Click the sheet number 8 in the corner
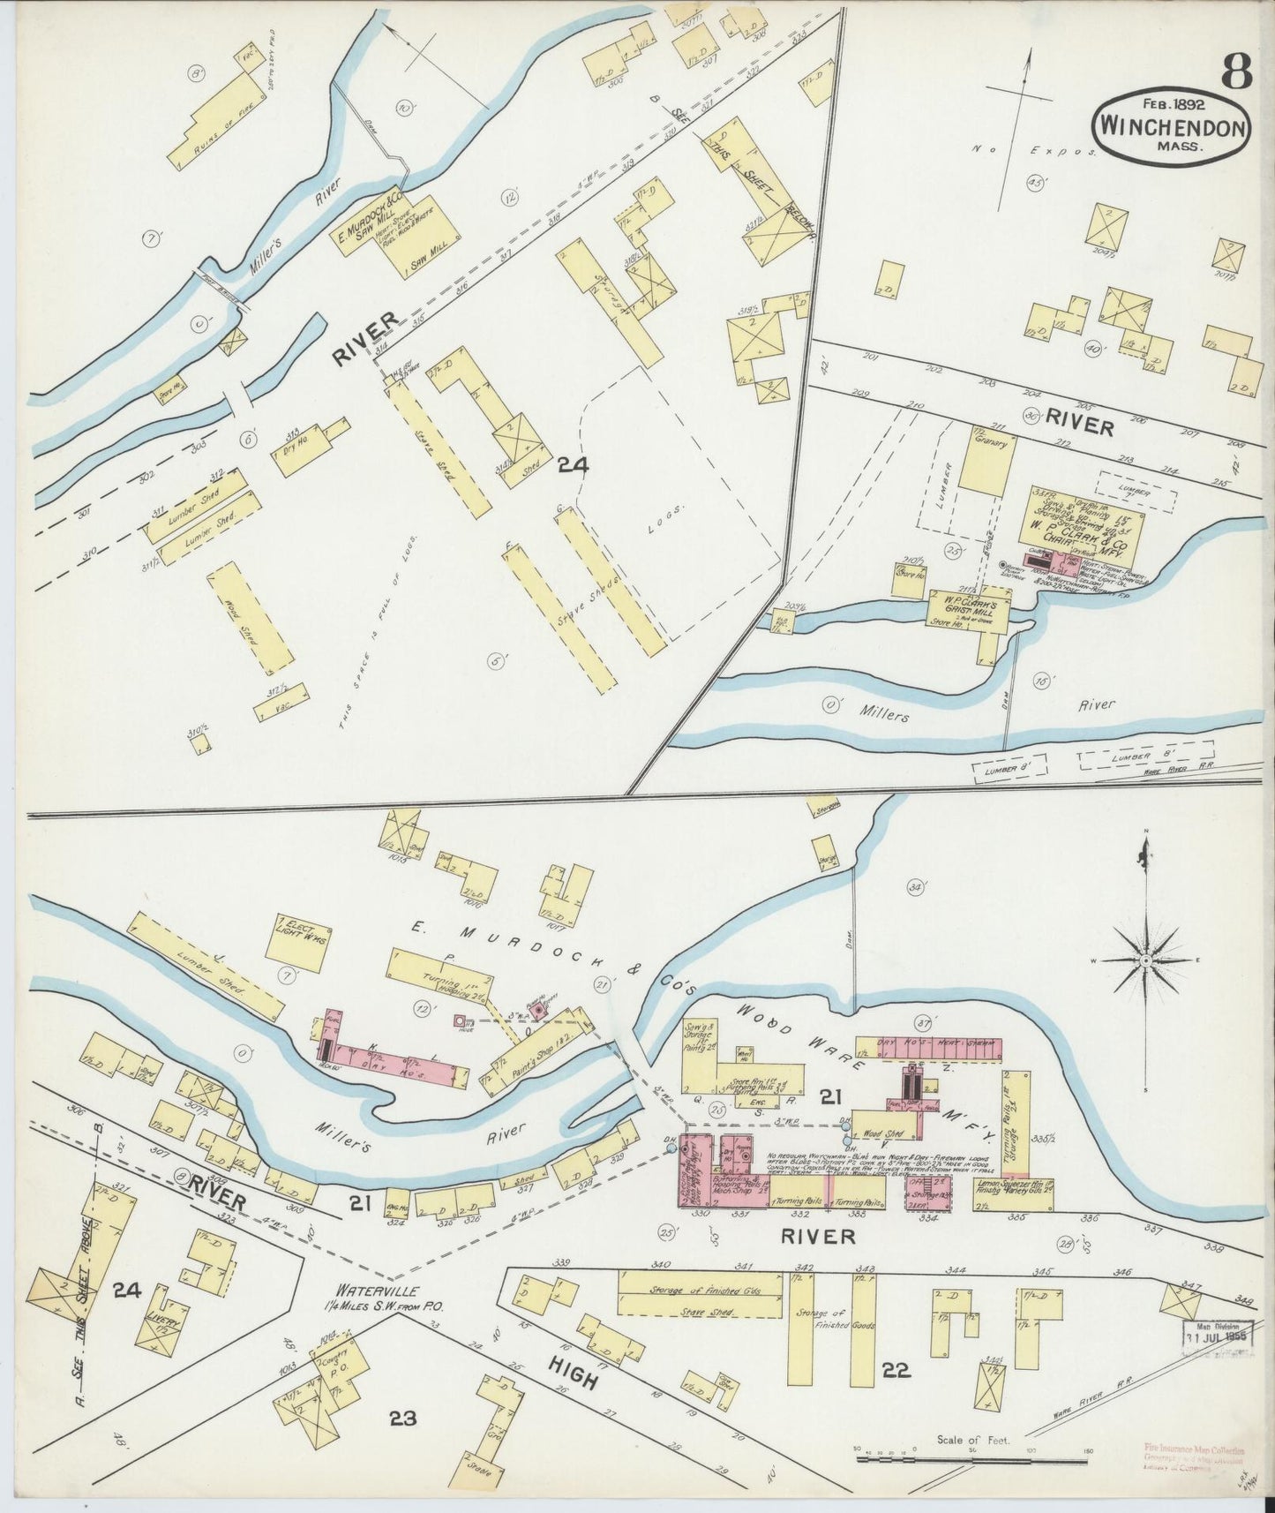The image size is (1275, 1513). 1237,71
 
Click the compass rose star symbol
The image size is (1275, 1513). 1144,960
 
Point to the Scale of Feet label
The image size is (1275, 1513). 965,1439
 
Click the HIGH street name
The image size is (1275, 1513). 574,1374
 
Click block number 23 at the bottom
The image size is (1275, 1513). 402,1419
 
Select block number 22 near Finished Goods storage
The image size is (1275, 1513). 896,1370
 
